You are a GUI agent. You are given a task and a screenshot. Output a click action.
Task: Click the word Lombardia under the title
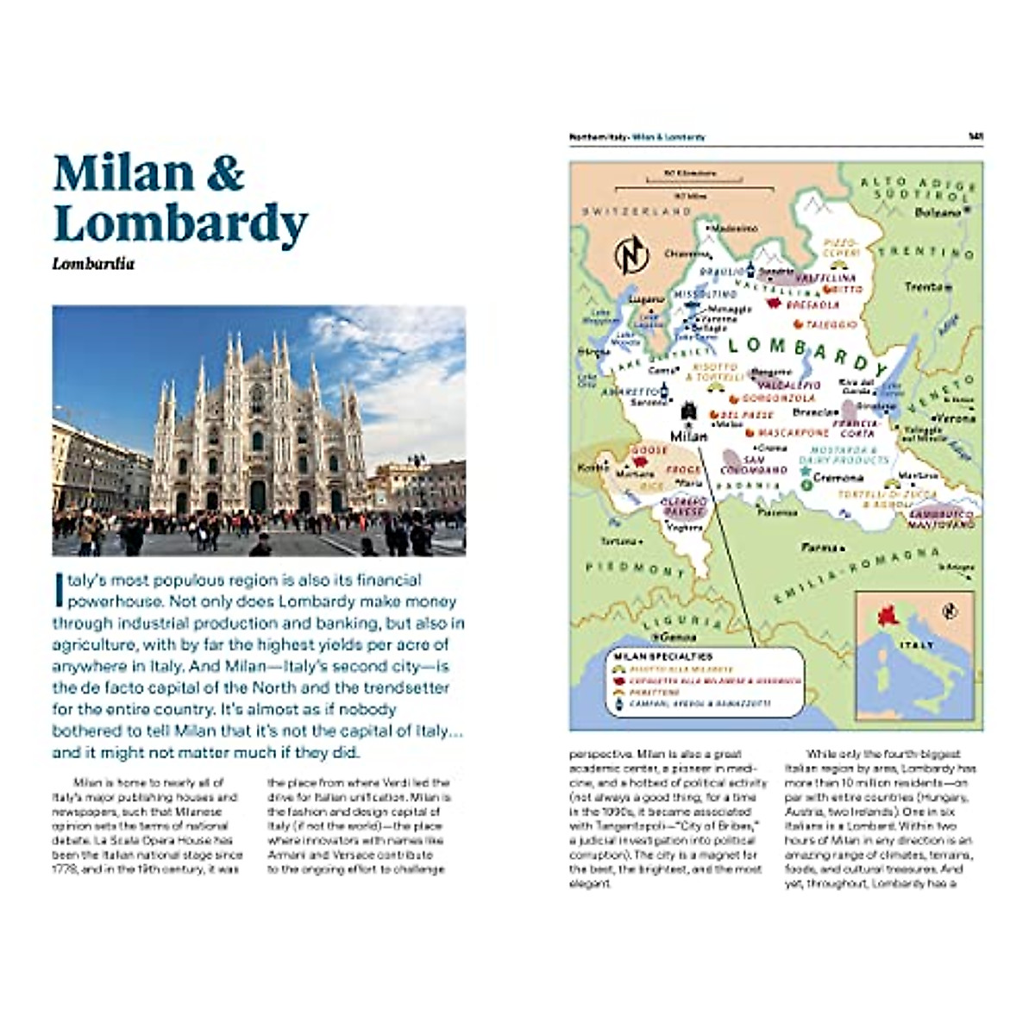[x=93, y=264]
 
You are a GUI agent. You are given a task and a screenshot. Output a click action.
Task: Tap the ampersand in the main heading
[x=224, y=172]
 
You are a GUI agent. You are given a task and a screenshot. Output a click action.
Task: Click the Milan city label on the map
[x=688, y=436]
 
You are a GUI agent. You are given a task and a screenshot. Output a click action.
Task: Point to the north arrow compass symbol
[x=631, y=254]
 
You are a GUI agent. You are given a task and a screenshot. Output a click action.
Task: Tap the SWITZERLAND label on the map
[x=637, y=211]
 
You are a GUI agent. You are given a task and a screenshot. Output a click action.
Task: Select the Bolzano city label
[x=938, y=212]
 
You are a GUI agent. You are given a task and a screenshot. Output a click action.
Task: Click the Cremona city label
[x=837, y=477]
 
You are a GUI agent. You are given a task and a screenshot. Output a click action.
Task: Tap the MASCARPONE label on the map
[x=793, y=432]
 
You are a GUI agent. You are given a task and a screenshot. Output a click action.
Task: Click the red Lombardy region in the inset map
[x=887, y=616]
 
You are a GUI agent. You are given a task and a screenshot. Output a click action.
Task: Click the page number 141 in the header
[x=975, y=137]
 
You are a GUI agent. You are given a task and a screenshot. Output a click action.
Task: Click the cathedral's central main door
[x=257, y=497]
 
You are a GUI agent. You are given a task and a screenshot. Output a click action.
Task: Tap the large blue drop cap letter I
[x=59, y=591]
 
